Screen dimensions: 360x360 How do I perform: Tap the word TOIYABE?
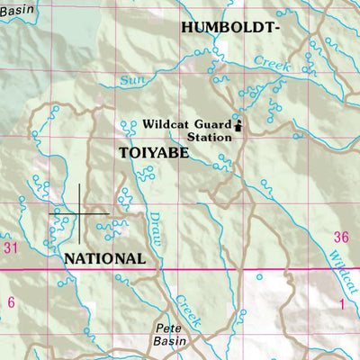(x=154, y=154)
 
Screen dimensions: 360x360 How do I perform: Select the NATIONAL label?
(x=105, y=258)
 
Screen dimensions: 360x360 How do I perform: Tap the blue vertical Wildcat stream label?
(x=339, y=269)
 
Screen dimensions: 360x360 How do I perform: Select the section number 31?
(x=11, y=247)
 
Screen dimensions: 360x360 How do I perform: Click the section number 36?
(x=339, y=238)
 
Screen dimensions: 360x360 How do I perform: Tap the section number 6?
(x=11, y=302)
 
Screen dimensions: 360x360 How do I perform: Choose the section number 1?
(x=342, y=304)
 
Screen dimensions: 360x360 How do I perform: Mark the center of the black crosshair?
(x=79, y=213)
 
